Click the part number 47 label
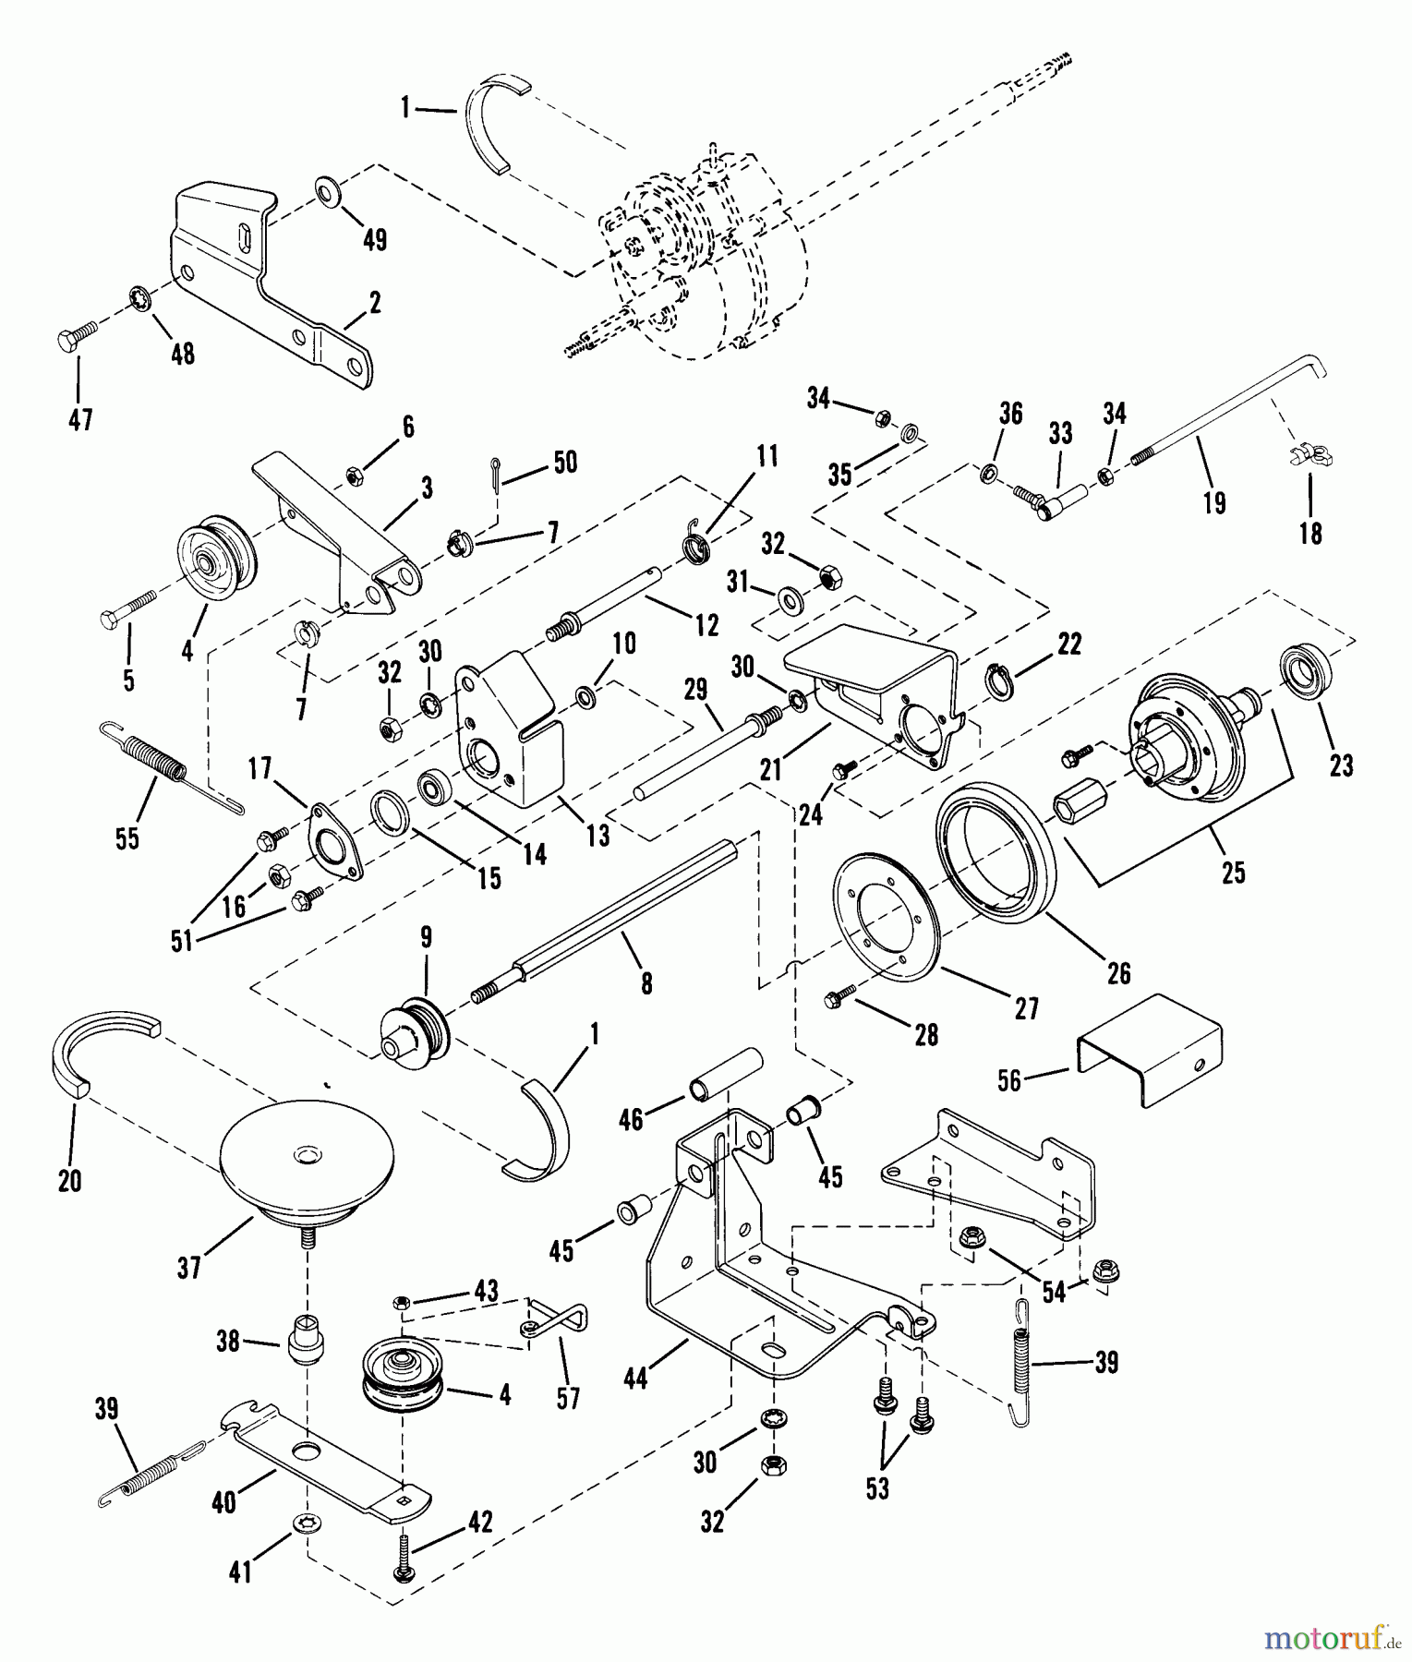tap(81, 420)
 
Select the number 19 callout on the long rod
tap(1214, 503)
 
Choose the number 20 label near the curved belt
tap(69, 1181)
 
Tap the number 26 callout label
tap(1118, 972)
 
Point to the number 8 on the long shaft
tap(646, 984)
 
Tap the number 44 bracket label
tap(635, 1379)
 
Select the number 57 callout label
tap(568, 1399)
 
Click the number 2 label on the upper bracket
tap(375, 302)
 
